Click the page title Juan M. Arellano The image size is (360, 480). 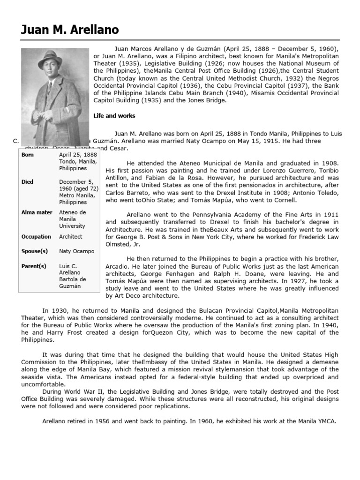click(69, 30)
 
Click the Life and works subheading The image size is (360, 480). click(114, 116)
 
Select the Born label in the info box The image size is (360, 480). click(28, 154)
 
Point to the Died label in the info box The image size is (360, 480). click(28, 181)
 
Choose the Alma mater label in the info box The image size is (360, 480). click(37, 212)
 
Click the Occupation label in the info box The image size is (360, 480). click(37, 237)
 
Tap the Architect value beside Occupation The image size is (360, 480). click(70, 237)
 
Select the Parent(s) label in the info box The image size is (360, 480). click(34, 266)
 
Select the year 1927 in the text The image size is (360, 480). click(277, 281)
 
